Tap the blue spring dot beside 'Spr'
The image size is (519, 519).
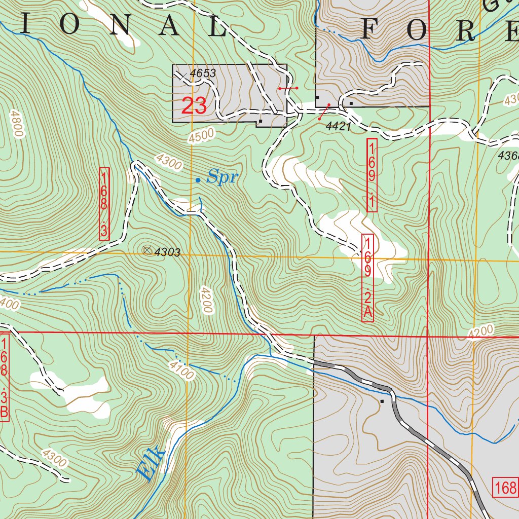click(198, 180)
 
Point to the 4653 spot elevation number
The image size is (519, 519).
click(203, 73)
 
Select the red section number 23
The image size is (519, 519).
click(194, 106)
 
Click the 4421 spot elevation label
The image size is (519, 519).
click(339, 127)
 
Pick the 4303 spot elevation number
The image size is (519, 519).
click(167, 252)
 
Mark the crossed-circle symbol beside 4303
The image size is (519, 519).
click(147, 250)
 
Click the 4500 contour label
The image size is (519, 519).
click(201, 136)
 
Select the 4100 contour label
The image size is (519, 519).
click(182, 370)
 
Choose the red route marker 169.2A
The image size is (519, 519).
click(368, 278)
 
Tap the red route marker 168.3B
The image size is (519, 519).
click(4, 377)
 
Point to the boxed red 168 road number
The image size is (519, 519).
click(505, 488)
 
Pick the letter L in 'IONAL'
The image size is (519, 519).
click(216, 26)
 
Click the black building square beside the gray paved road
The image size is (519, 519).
click(382, 401)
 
